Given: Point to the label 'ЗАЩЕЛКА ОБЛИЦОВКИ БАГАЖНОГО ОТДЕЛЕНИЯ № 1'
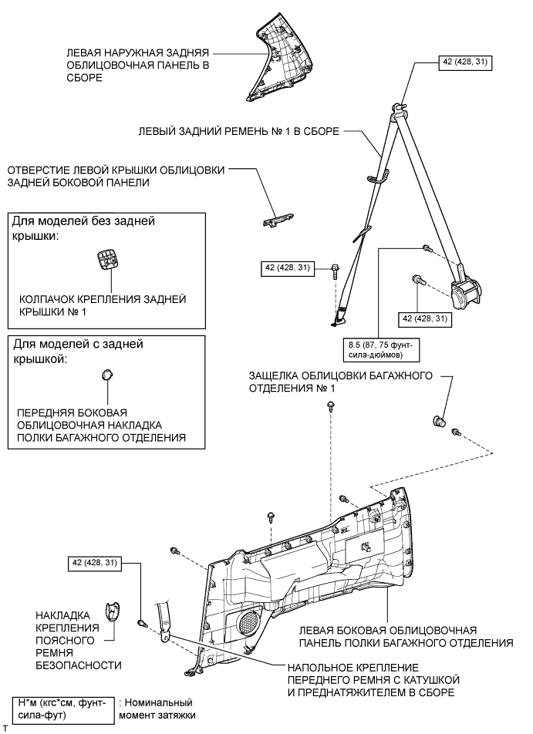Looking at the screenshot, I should tap(339, 382).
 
